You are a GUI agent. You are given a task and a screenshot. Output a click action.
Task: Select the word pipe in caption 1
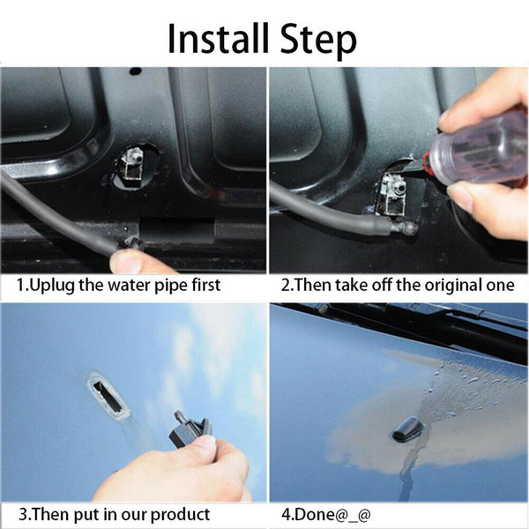166,285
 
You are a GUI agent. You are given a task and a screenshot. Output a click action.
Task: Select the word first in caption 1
202,285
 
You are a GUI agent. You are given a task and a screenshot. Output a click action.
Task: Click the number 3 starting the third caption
24,514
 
